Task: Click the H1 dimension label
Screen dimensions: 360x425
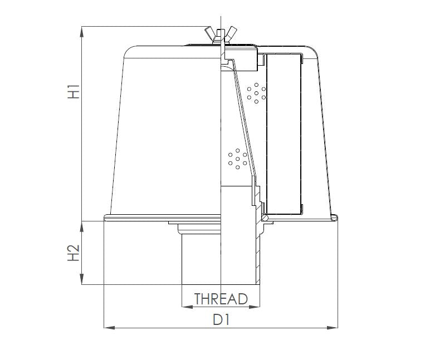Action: (74, 92)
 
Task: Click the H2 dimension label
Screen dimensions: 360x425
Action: (74, 254)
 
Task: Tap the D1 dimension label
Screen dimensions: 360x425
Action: (221, 320)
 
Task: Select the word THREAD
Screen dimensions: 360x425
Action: (221, 299)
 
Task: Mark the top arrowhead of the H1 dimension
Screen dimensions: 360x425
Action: (82, 29)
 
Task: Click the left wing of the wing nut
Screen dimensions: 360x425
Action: (211, 30)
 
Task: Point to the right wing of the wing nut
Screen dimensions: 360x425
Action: (231, 30)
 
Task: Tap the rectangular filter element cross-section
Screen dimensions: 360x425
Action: (284, 134)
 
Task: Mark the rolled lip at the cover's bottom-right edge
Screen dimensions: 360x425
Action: (335, 216)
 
